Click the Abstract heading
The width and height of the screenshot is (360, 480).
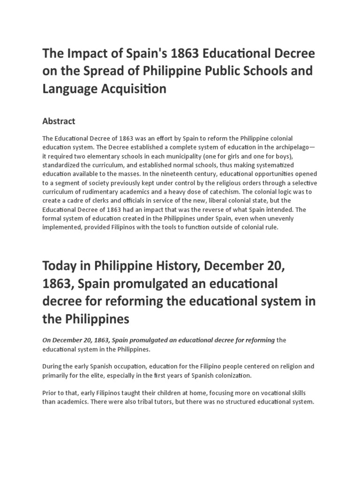pos(59,121)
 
